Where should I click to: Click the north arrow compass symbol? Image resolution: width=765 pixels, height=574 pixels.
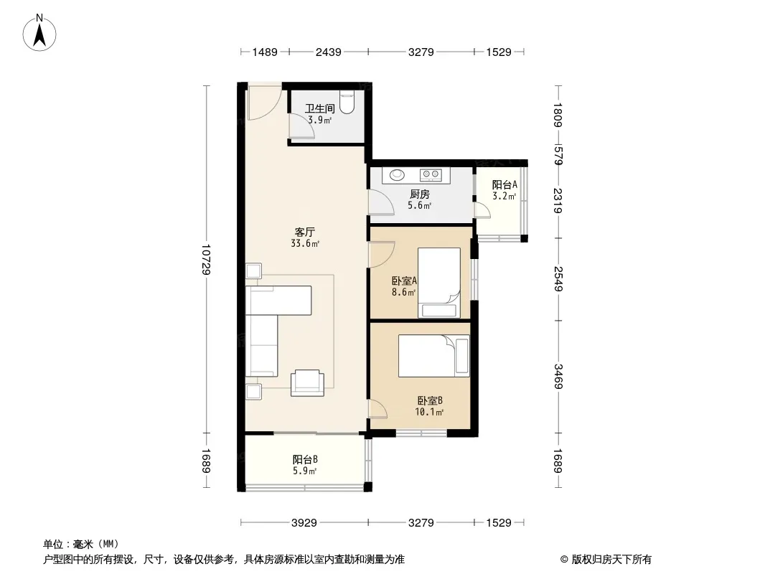[39, 33]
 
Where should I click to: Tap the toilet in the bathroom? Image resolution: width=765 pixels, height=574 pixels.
[347, 102]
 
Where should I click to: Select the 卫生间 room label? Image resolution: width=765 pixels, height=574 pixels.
[319, 108]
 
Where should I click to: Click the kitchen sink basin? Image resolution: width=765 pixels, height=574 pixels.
[397, 174]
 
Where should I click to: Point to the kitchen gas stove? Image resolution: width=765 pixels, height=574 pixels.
[431, 174]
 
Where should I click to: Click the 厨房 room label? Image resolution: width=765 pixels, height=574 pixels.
[420, 194]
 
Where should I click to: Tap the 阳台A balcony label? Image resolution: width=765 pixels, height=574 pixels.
[504, 185]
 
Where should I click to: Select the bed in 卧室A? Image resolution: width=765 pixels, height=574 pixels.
[439, 283]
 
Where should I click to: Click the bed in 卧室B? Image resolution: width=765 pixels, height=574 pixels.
[433, 355]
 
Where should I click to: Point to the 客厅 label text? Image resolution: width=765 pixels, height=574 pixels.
[305, 232]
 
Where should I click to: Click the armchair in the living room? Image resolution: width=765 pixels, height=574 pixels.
[307, 383]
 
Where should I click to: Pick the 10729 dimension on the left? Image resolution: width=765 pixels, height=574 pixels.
[207, 260]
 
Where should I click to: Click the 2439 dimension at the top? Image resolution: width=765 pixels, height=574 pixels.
[328, 52]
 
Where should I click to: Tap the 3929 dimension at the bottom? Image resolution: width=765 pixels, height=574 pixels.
[304, 523]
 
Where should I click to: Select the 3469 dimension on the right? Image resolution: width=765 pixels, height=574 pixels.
[558, 377]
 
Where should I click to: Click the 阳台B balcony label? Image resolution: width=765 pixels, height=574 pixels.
[306, 459]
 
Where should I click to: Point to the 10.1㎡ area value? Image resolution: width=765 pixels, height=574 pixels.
[429, 412]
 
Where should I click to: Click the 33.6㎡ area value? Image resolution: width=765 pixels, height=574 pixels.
[305, 243]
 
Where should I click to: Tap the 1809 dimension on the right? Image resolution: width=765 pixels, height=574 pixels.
[558, 115]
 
